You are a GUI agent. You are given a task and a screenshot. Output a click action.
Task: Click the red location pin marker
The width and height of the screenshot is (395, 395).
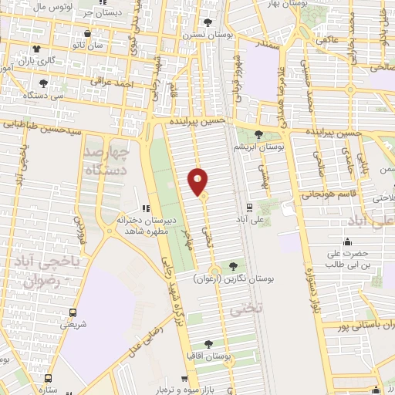pyautogui.click(x=198, y=181)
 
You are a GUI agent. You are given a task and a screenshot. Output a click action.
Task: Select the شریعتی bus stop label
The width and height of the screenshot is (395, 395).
pyautogui.click(x=73, y=325)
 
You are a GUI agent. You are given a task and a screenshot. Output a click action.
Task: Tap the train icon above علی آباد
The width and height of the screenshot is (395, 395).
pyautogui.click(x=248, y=207)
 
